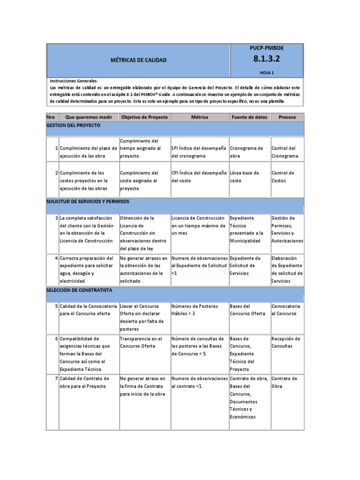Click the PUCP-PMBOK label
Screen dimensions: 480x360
pyautogui.click(x=267, y=48)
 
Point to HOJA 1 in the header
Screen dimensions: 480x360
pyautogui.click(x=267, y=73)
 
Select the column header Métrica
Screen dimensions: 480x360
pyautogui.click(x=200, y=117)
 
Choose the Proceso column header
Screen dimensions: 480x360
pyautogui.click(x=287, y=117)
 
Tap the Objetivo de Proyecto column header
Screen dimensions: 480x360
pyautogui.click(x=144, y=117)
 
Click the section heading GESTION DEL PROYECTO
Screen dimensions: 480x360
pyautogui.click(x=73, y=126)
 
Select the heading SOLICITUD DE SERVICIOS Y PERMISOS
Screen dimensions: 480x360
pyautogui.click(x=88, y=201)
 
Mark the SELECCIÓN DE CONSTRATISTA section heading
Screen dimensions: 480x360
pyautogui.click(x=79, y=290)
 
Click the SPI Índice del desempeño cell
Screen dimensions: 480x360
pyautogui.click(x=199, y=152)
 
